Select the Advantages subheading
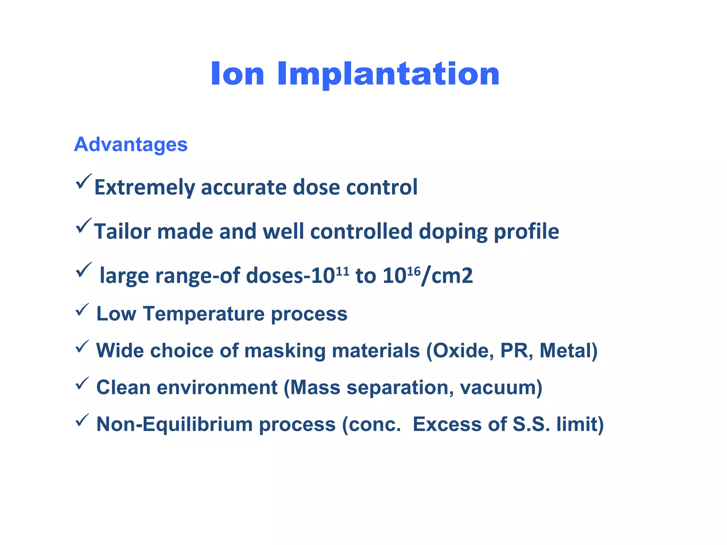[x=131, y=144]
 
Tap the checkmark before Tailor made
[x=83, y=226]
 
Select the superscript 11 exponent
[x=342, y=271]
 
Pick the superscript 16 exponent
[x=414, y=271]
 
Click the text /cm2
[x=447, y=276]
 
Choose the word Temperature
[x=204, y=314]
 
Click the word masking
[x=285, y=351]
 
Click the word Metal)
[x=568, y=351]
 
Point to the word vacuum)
[x=501, y=387]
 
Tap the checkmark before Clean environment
[x=82, y=383]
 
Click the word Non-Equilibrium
[x=174, y=424]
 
